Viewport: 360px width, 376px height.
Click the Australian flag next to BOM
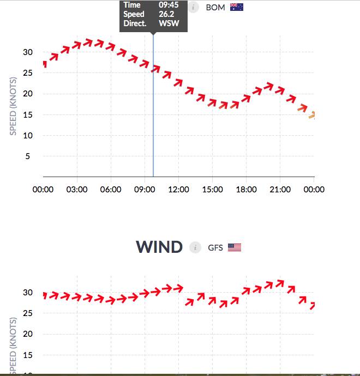click(237, 7)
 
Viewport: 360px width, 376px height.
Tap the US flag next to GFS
click(235, 247)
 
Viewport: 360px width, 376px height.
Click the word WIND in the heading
click(159, 247)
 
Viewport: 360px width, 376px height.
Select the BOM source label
click(215, 7)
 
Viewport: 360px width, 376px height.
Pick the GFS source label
click(215, 247)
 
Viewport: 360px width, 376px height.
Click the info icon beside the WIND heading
click(195, 247)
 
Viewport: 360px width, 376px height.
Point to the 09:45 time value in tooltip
click(169, 5)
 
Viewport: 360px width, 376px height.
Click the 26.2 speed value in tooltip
click(166, 14)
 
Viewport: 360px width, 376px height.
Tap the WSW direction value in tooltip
click(169, 23)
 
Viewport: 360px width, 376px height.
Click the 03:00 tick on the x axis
click(77, 190)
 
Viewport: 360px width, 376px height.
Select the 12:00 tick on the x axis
click(178, 190)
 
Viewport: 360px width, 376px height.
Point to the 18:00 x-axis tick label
click(246, 190)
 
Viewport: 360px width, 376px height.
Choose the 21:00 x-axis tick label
click(280, 190)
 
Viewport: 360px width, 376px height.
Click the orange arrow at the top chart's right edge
click(312, 115)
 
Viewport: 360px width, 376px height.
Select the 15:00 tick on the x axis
click(212, 190)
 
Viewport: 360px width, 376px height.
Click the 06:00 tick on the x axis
click(111, 190)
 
